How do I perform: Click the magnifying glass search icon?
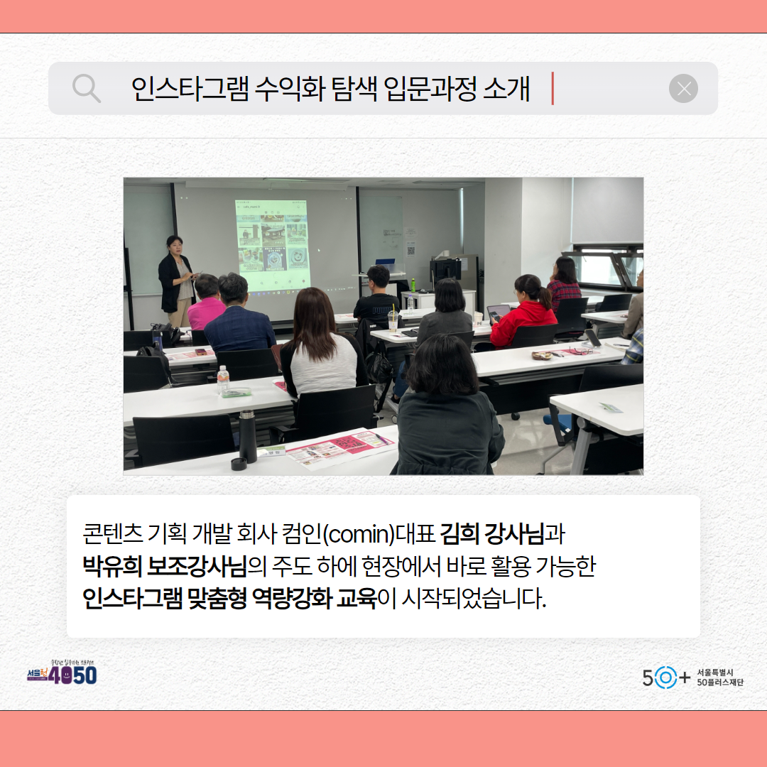(87, 89)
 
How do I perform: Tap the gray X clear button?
(683, 89)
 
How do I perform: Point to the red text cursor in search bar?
(553, 89)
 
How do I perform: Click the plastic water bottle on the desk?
(223, 380)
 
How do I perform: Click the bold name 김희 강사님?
(491, 532)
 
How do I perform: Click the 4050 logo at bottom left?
(62, 673)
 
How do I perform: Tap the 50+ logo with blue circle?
(665, 678)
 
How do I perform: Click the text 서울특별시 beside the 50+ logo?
(715, 672)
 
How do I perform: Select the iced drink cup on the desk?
(393, 321)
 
